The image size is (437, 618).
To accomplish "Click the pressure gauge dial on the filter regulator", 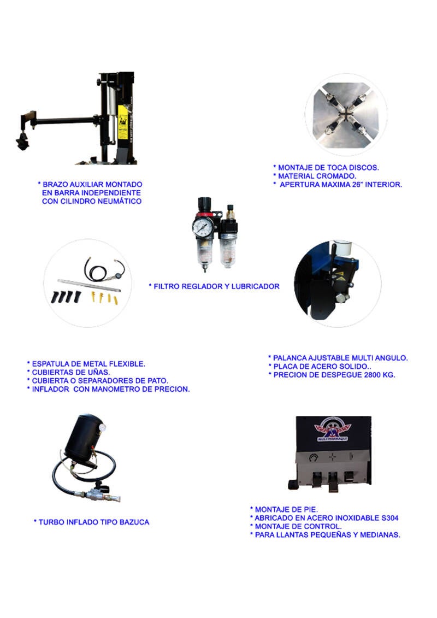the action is (x=203, y=227).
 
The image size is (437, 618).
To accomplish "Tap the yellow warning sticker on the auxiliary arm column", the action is (x=123, y=121).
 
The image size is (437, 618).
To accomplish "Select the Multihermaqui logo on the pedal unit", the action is (x=332, y=429).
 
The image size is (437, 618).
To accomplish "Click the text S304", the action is (x=390, y=518).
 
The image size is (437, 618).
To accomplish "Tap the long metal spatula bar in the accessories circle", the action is (x=88, y=285).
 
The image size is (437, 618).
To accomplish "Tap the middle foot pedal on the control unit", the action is (x=333, y=481).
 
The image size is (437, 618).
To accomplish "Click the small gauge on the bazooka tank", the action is (x=103, y=427).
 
